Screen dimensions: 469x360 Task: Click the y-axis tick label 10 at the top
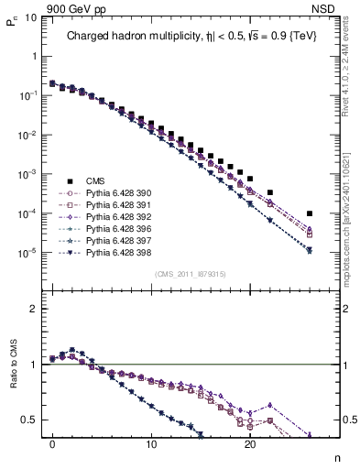pos(29,16)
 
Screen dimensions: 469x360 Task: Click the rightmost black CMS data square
pos(310,214)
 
